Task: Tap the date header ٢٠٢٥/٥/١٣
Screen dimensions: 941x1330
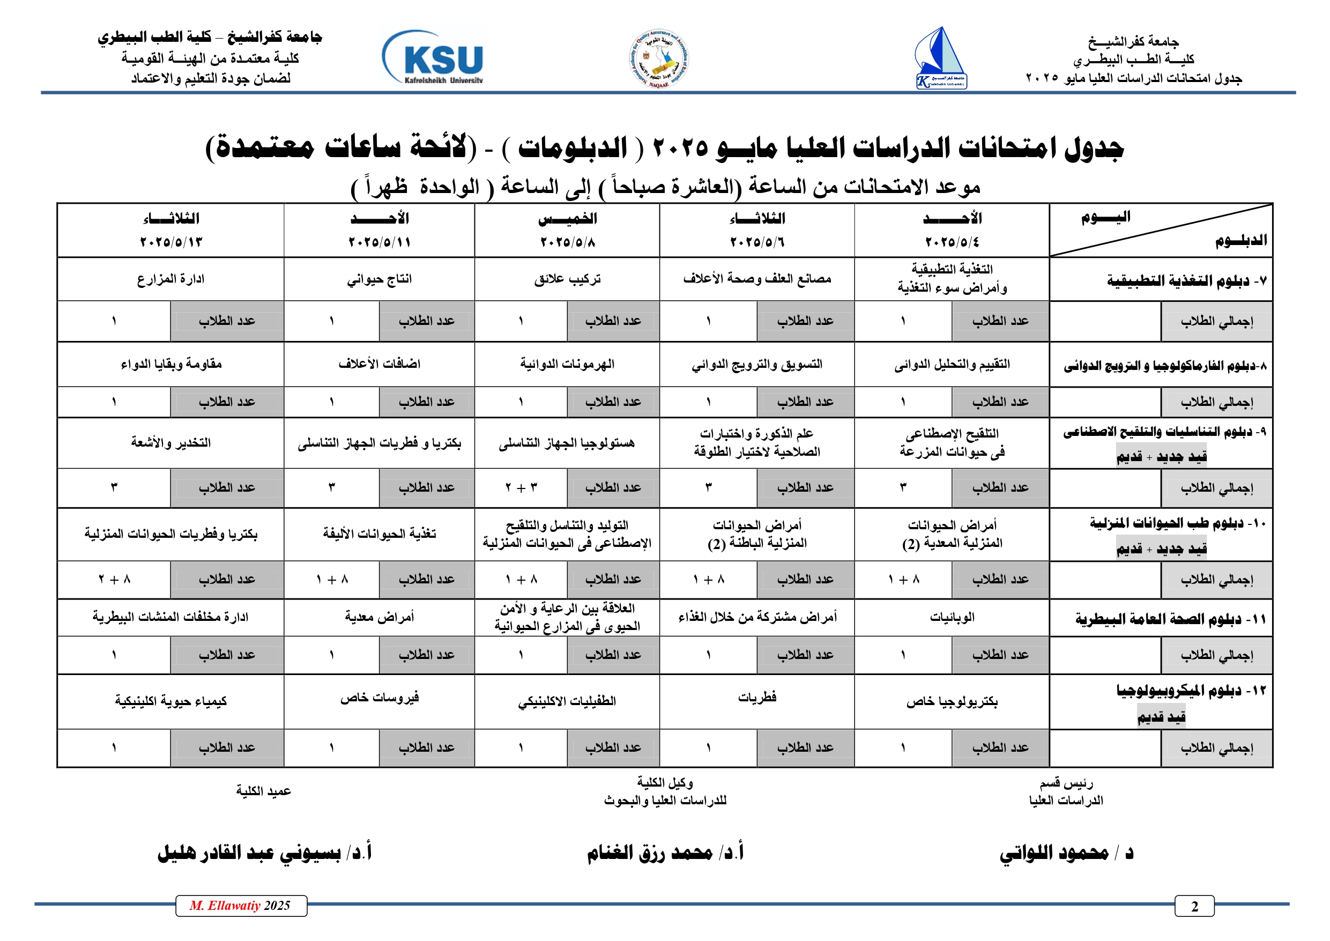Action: pos(171,242)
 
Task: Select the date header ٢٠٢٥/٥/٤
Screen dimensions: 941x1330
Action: pos(952,242)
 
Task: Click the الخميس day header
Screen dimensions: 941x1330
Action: pos(567,219)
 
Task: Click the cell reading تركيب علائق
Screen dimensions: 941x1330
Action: pos(567,279)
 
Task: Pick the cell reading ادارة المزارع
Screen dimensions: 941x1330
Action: pos(171,279)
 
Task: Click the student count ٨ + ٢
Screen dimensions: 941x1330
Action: pos(115,580)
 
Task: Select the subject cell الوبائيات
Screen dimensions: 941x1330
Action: pos(952,618)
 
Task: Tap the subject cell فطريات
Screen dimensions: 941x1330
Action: pos(756,697)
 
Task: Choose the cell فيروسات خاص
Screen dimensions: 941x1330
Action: pos(380,697)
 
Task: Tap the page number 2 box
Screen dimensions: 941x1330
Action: pos(1194,906)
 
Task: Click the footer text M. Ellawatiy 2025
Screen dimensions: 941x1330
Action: pos(240,906)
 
